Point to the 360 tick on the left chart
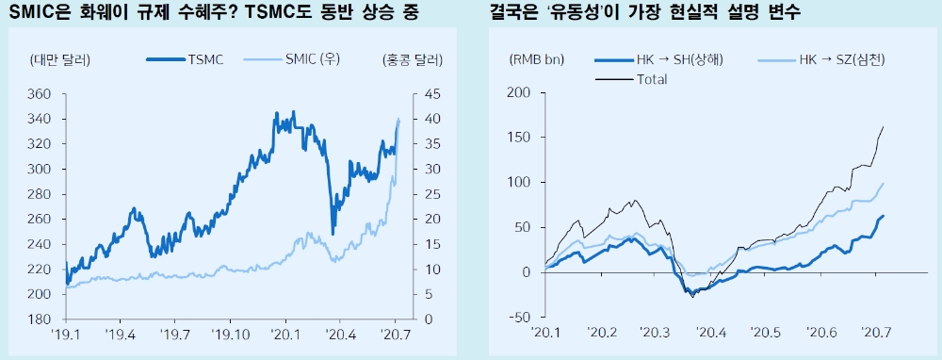click(40, 94)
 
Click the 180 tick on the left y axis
click(40, 319)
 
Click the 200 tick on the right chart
click(519, 92)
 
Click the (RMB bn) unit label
click(536, 60)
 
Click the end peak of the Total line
click(883, 126)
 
